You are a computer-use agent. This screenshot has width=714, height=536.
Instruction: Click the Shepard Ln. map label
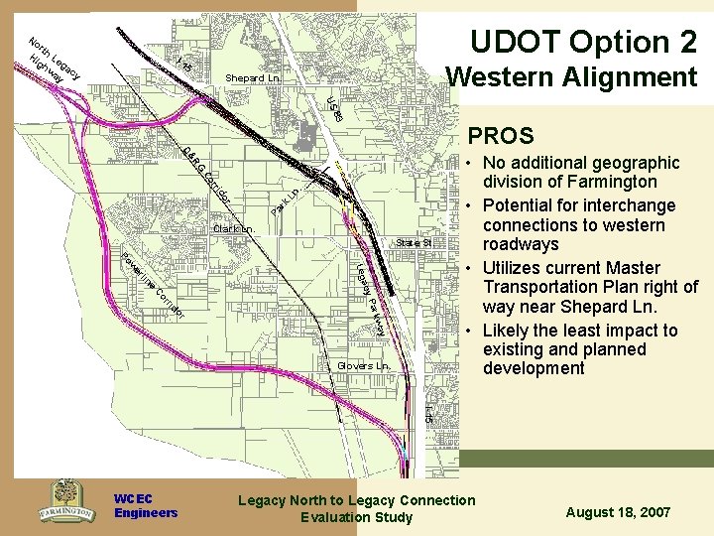click(253, 77)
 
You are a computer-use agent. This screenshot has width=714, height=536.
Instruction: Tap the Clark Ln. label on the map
click(234, 230)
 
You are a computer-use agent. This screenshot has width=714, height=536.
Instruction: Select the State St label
click(414, 242)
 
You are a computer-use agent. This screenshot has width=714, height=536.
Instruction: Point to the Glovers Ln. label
click(364, 365)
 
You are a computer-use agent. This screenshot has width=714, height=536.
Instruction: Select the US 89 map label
click(335, 109)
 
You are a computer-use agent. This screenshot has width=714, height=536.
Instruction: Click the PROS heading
click(501, 136)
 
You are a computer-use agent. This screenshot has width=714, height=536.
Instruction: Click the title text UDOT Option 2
click(583, 42)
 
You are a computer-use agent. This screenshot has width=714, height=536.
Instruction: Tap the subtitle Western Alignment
click(571, 76)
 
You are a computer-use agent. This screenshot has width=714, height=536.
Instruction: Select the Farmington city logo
click(66, 501)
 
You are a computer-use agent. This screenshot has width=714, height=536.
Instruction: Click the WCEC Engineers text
click(145, 506)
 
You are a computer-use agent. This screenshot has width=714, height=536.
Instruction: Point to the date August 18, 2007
click(618, 512)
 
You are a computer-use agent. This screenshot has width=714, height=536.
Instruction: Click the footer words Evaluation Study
click(356, 517)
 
